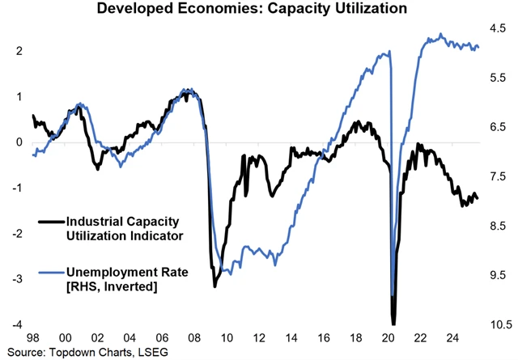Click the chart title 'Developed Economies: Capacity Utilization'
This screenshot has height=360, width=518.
coord(259,11)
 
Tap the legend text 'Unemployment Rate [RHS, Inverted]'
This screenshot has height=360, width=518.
coord(126,281)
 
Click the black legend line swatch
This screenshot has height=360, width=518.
coord(51,220)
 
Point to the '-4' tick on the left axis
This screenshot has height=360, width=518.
coord(18,325)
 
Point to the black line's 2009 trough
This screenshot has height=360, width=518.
coord(215,286)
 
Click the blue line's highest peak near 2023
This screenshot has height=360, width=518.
coord(440,34)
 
